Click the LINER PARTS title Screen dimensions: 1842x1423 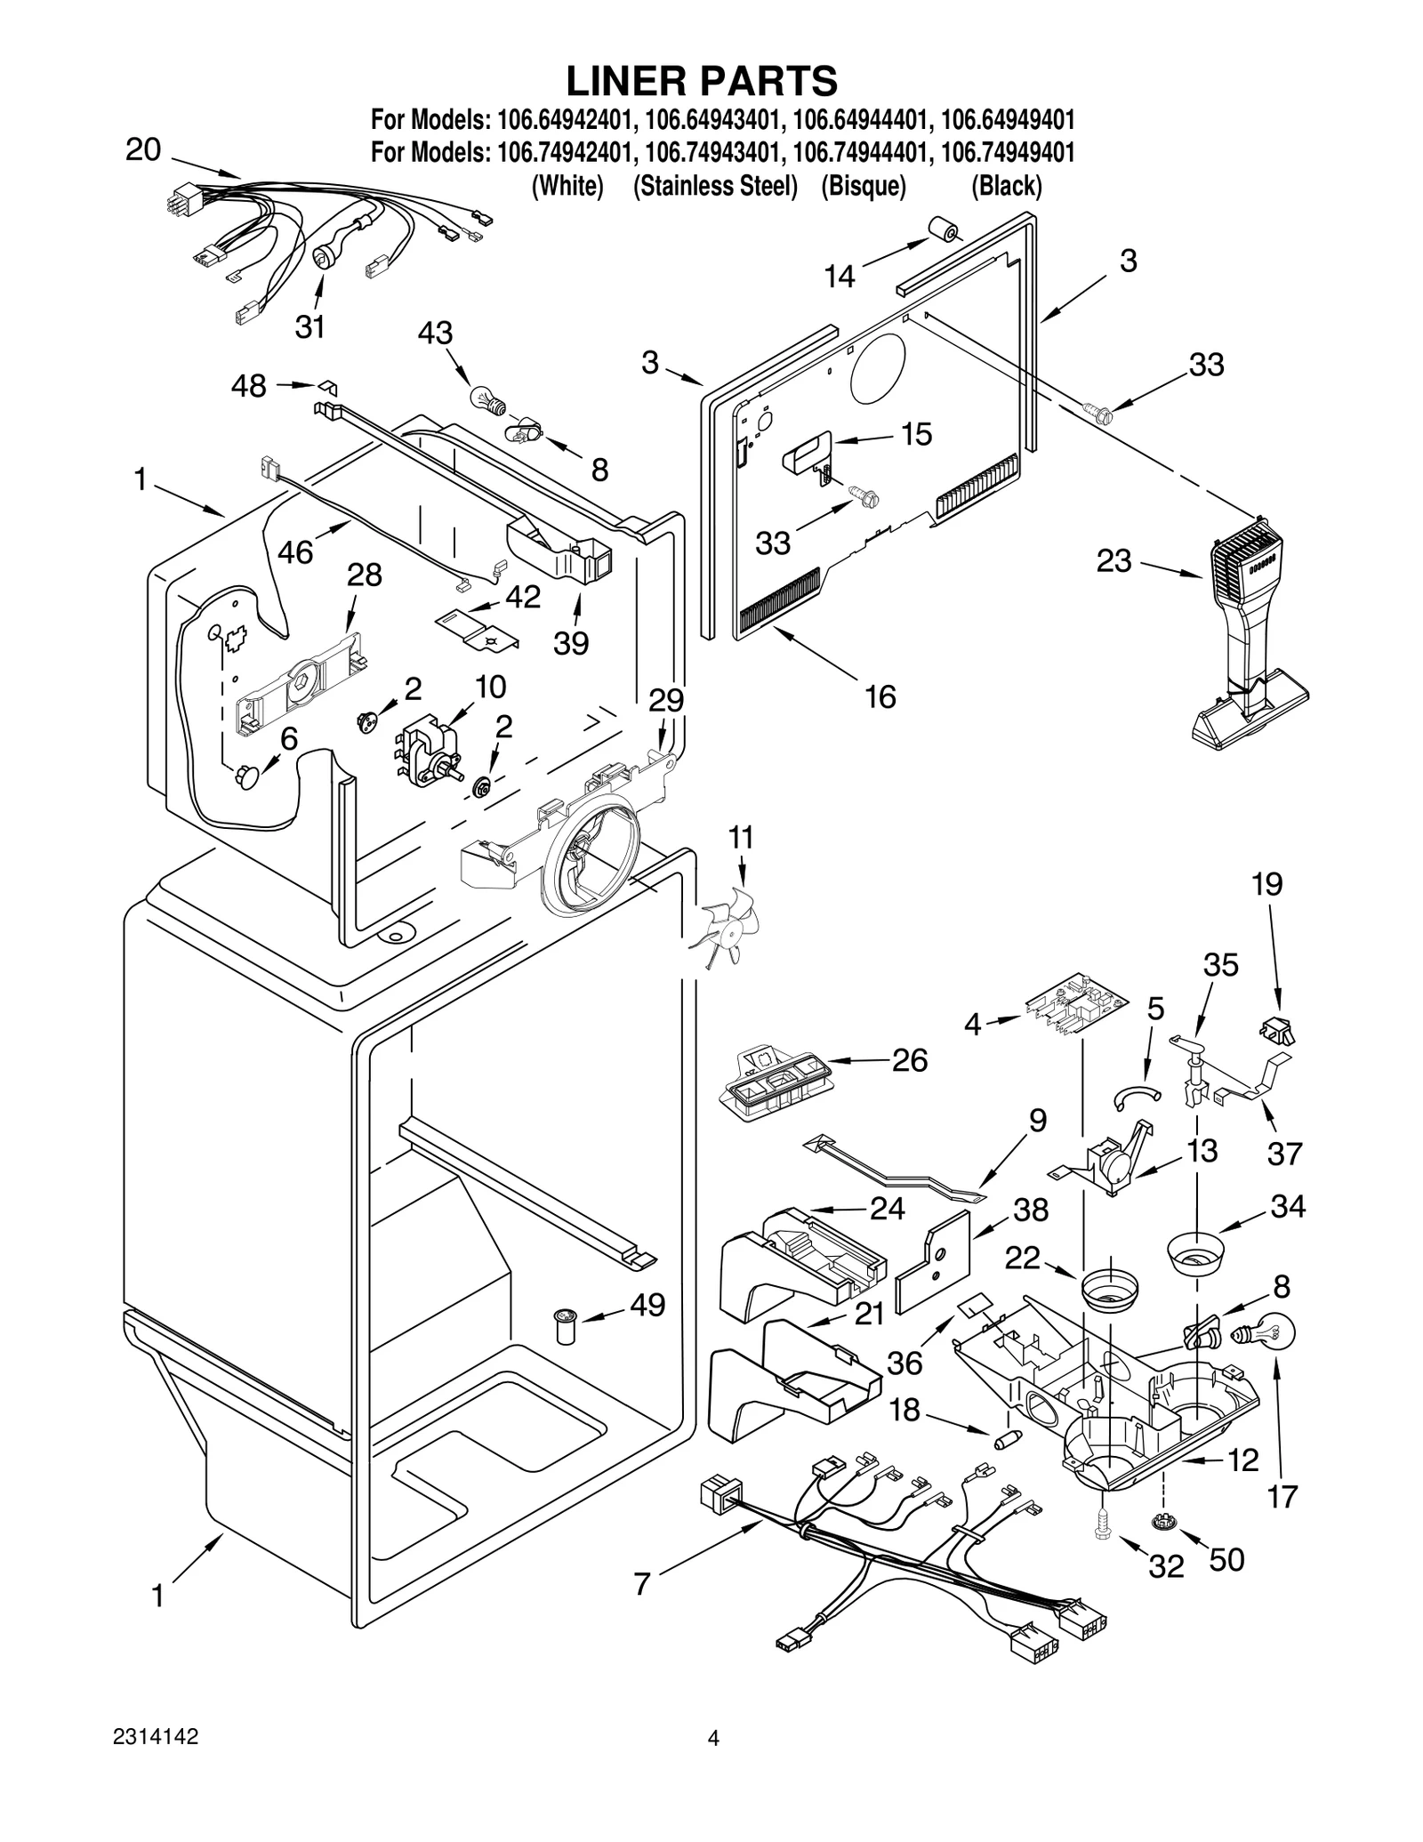(702, 81)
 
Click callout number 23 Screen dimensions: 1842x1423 (1113, 561)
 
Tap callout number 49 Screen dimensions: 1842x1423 (647, 1305)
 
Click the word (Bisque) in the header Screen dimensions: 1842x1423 (863, 186)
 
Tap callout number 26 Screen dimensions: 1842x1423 (909, 1060)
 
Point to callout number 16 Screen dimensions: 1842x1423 (880, 696)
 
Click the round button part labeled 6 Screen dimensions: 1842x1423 (248, 778)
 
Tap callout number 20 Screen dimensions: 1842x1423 (143, 149)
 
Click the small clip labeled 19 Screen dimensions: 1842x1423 (1277, 1031)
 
